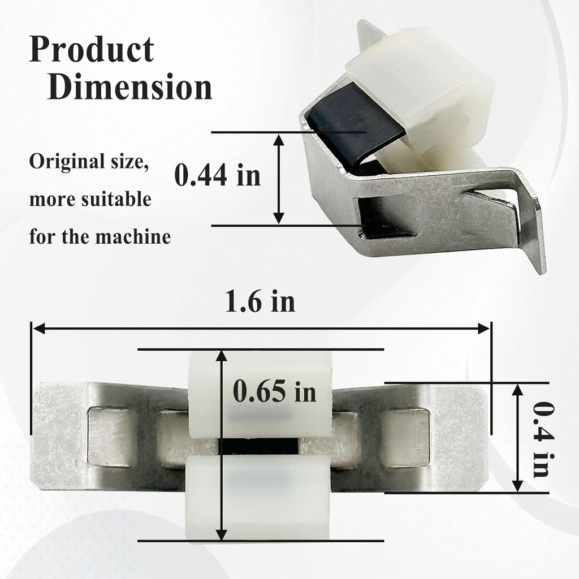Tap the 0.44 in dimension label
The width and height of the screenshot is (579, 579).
click(x=217, y=175)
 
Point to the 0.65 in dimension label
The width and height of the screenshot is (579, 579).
click(x=275, y=392)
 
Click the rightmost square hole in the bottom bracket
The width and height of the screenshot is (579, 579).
click(x=406, y=437)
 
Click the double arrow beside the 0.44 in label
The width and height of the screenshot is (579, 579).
click(x=278, y=178)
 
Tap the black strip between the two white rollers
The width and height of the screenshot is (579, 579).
click(x=258, y=446)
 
